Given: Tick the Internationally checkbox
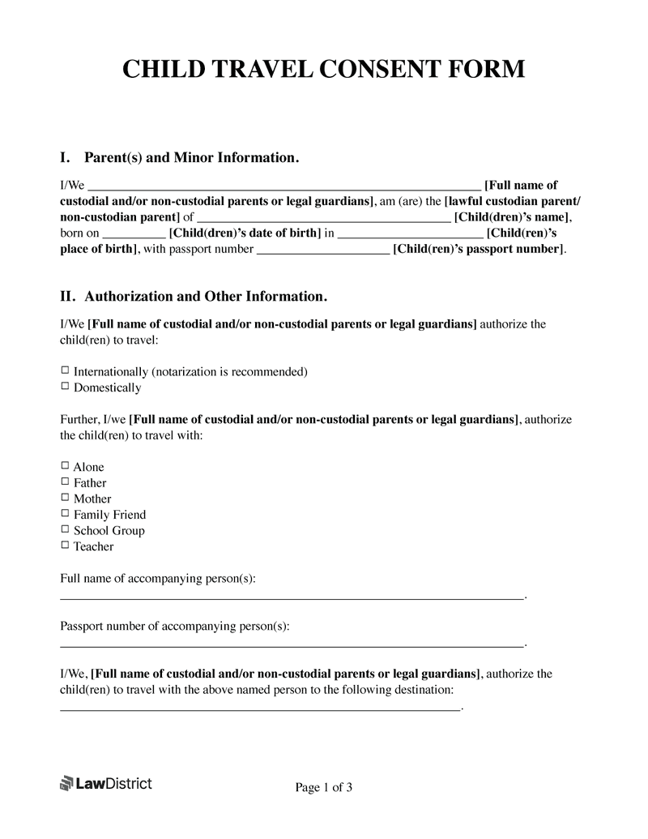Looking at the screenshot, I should coord(66,370).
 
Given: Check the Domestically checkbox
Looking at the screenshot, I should coord(66,387).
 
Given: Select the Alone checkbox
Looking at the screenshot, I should coord(66,466).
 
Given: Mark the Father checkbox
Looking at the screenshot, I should coord(66,482).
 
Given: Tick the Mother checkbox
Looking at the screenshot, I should coord(66,498).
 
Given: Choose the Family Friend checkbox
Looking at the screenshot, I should coord(66,514).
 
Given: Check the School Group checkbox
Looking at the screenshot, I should coord(66,530).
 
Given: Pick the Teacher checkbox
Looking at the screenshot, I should coord(66,546).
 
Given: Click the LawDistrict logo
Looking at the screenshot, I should coord(106,783).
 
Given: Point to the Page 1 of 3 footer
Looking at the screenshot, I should coord(323,787).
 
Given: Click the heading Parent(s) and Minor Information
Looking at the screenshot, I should coord(192,157).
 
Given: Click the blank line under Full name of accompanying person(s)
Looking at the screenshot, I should coord(292,597).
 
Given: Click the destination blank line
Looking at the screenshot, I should coord(260,708).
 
